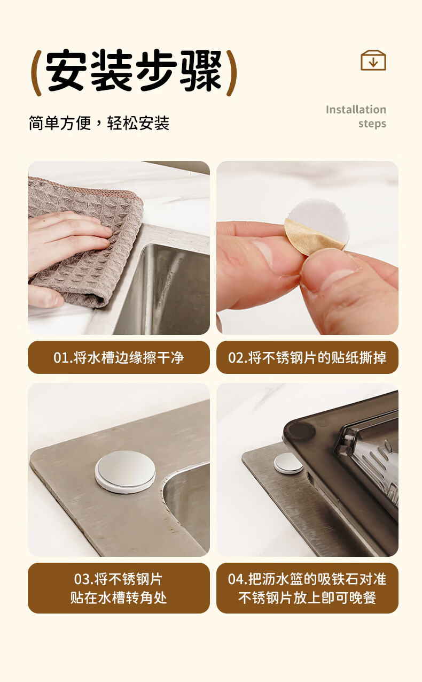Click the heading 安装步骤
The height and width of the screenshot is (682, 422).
(x=134, y=71)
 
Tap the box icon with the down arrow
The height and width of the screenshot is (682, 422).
(x=373, y=60)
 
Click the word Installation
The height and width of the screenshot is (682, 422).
(x=356, y=110)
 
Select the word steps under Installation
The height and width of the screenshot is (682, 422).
(x=372, y=124)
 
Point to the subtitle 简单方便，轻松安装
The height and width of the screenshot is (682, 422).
(x=99, y=124)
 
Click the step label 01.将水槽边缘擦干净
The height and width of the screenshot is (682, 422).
(x=119, y=357)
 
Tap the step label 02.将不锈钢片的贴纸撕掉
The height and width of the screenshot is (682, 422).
(x=307, y=357)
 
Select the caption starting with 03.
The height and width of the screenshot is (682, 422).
(x=119, y=588)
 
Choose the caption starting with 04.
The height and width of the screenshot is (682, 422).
(x=307, y=588)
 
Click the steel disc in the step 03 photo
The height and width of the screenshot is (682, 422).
(x=125, y=471)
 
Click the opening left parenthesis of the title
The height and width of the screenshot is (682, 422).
(x=36, y=73)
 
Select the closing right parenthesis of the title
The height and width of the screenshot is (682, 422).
(x=232, y=73)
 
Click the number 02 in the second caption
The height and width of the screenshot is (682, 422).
(x=235, y=358)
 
